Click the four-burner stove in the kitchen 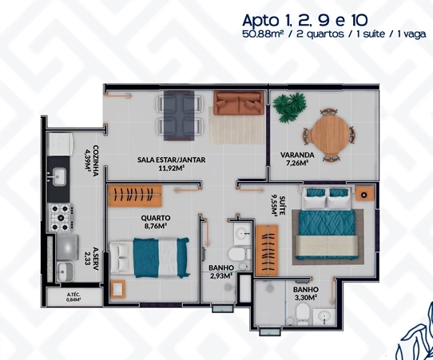click(x=61, y=216)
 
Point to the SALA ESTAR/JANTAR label click(x=171, y=160)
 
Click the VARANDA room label click(x=296, y=155)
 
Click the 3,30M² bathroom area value click(x=307, y=298)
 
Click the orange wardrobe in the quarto click(x=135, y=194)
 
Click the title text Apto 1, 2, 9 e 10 click(x=330, y=19)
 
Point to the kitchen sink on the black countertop click(x=60, y=172)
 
